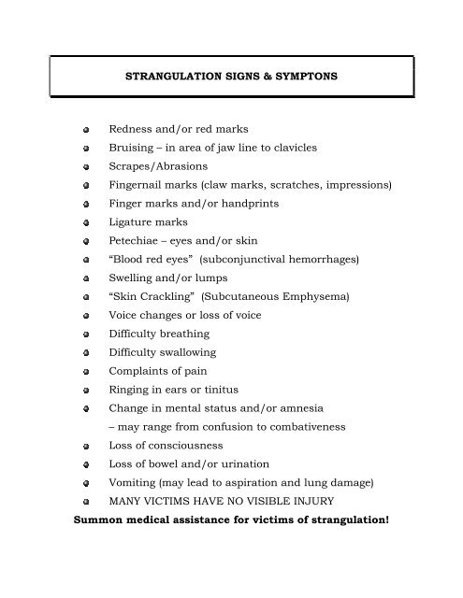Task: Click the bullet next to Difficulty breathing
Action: click(x=85, y=334)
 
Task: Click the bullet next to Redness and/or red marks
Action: click(x=85, y=129)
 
